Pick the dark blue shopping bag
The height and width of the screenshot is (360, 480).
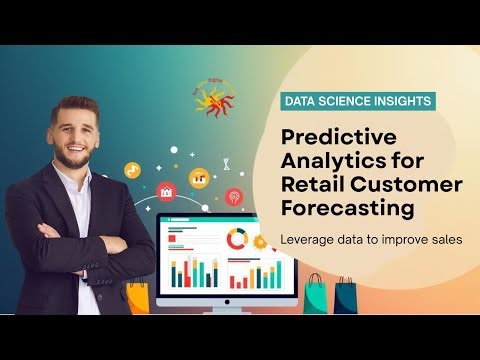pos(345,297)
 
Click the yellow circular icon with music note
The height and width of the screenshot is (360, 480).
pos(131,171)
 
